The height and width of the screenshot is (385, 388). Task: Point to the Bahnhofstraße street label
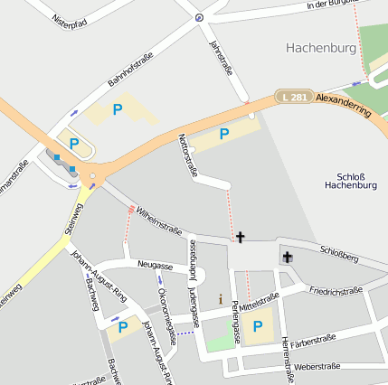click(x=131, y=70)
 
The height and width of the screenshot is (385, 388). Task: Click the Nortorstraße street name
click(x=188, y=153)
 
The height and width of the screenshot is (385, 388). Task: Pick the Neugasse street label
click(x=156, y=266)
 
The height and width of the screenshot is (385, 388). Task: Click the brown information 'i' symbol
click(x=220, y=298)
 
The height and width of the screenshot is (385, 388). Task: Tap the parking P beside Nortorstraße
click(x=224, y=133)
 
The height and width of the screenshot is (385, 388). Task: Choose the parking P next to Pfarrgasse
click(x=258, y=326)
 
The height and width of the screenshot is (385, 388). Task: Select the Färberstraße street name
click(x=314, y=343)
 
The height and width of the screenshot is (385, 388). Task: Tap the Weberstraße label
click(x=317, y=366)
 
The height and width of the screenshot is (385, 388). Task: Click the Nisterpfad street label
click(x=69, y=20)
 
